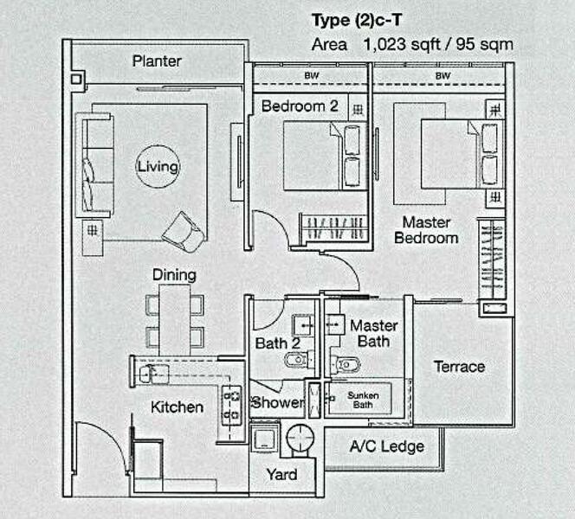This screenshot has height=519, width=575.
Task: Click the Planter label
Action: (157, 61)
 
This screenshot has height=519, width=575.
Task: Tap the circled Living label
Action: (157, 166)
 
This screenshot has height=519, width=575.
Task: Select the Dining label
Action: (174, 275)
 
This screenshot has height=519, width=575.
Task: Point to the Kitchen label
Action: (178, 407)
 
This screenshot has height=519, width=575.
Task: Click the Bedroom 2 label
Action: (300, 106)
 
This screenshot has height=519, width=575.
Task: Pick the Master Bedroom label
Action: (426, 230)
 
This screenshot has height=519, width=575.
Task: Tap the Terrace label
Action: (458, 366)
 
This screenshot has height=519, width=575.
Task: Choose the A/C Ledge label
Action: (386, 446)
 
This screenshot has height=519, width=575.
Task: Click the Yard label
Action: (281, 474)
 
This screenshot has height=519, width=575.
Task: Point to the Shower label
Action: (277, 403)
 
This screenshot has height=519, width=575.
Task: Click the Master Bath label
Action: (373, 333)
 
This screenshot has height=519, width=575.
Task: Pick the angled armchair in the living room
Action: (184, 231)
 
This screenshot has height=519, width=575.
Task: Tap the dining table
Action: (174, 318)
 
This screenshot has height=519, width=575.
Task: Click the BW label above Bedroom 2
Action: (310, 76)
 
